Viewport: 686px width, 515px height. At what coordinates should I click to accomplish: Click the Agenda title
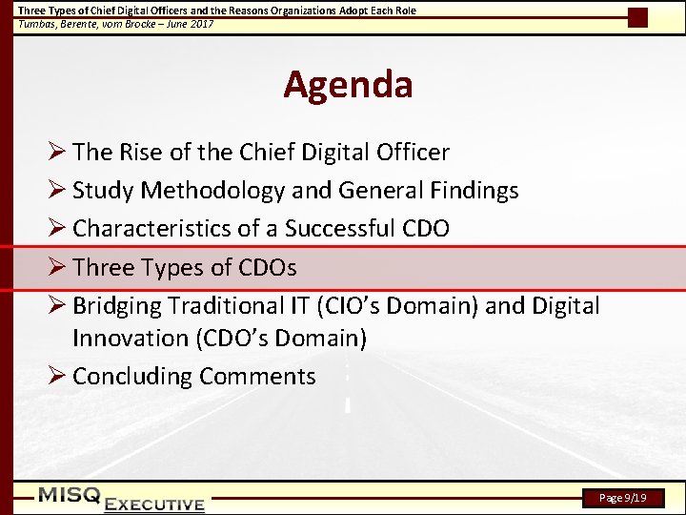348,85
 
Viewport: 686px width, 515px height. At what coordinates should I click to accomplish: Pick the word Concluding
132,377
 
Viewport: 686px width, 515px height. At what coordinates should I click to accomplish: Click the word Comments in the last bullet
257,377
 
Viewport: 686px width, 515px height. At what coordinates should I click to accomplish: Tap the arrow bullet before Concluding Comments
56,376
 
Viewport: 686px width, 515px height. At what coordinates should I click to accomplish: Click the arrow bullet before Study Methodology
56,190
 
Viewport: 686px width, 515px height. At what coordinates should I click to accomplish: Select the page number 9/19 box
623,498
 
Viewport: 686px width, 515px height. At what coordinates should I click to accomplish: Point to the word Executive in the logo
155,505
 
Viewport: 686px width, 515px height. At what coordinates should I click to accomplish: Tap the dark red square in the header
637,16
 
